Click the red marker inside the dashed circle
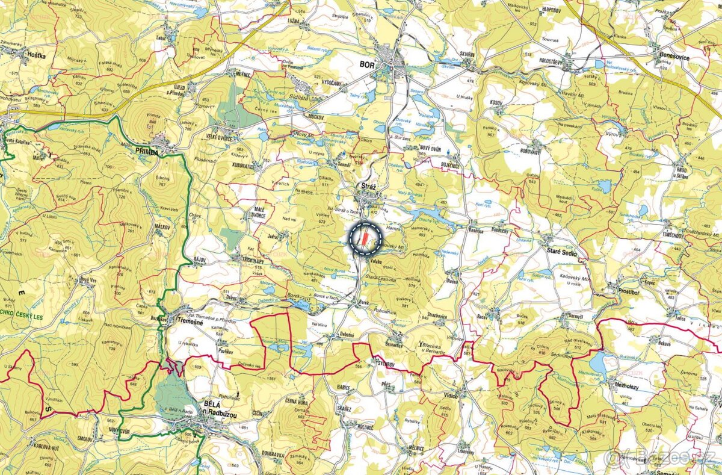click(x=364, y=238)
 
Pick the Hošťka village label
click(x=36, y=54)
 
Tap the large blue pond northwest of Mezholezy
click(x=599, y=363)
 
